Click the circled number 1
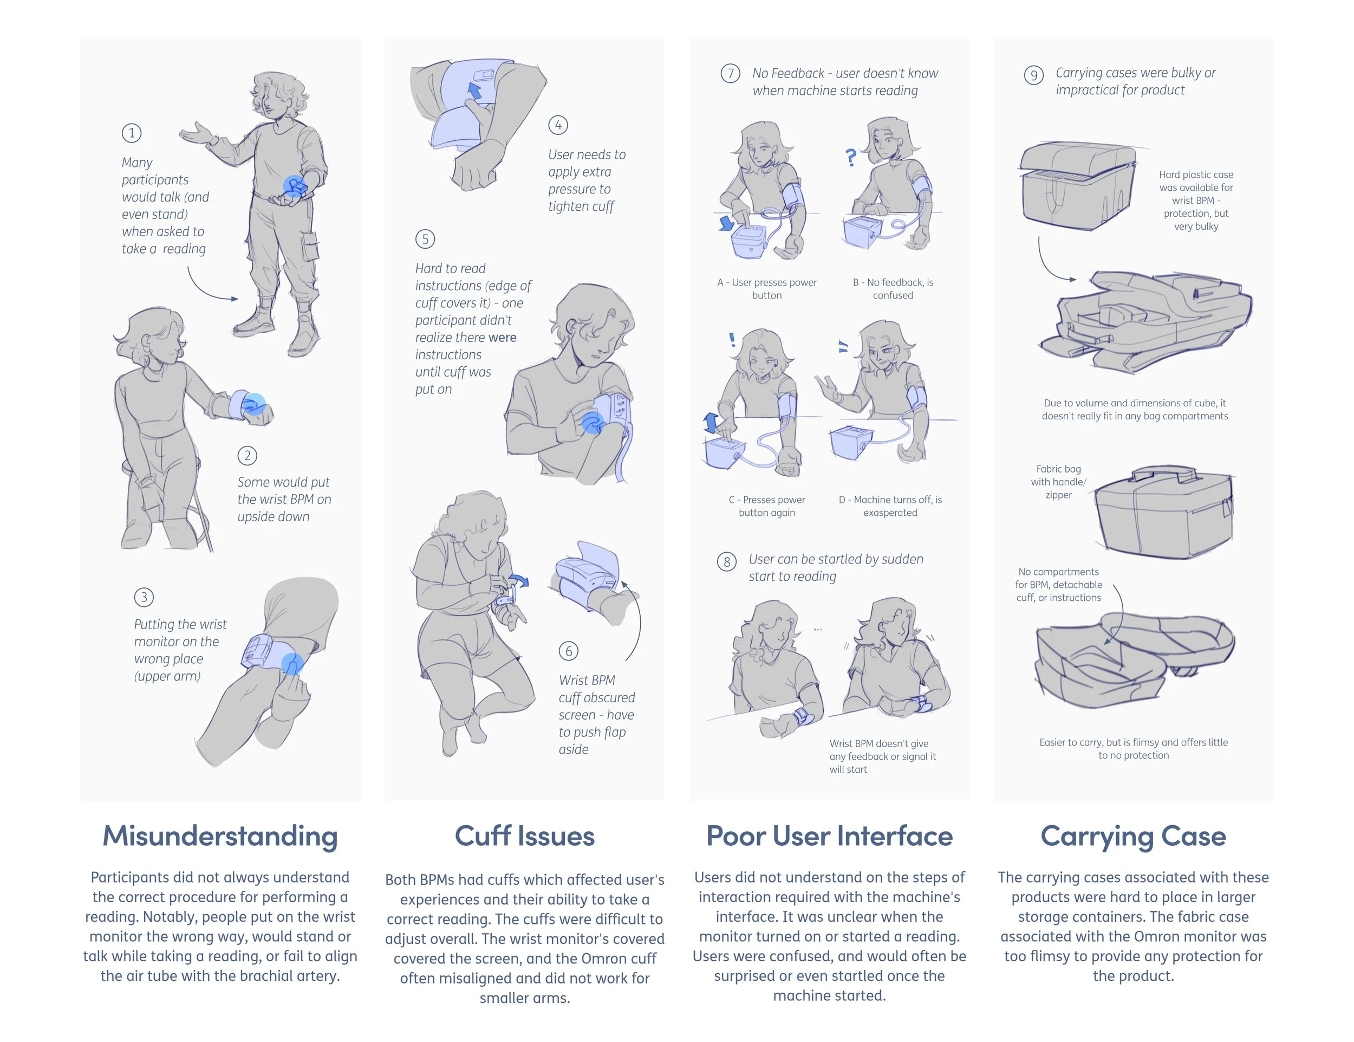pos(132,133)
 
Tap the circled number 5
pos(425,239)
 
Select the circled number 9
pos(1033,76)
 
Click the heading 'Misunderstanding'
pos(220,836)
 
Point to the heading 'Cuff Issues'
pos(524,836)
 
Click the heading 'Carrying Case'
pos(1133,836)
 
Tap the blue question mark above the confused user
pos(851,157)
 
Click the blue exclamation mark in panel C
pos(732,339)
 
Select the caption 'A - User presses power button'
pos(767,288)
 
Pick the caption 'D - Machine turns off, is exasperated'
pos(890,506)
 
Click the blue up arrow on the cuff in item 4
pos(475,90)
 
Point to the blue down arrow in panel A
pos(726,222)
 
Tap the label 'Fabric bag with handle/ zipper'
pos(1058,482)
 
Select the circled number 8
pos(727,562)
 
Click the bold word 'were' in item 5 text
pos(502,338)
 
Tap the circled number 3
pos(144,597)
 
